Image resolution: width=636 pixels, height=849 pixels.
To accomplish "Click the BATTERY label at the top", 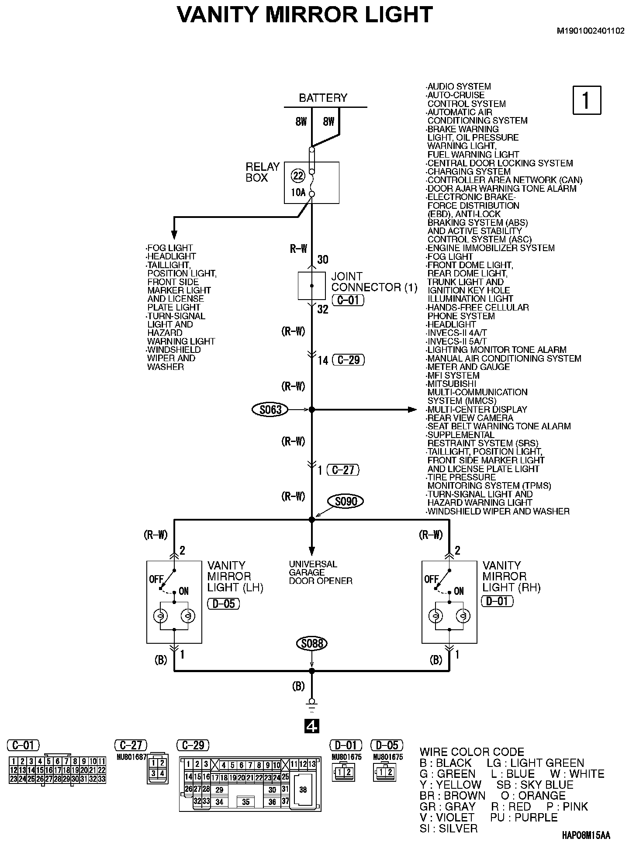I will [x=323, y=98].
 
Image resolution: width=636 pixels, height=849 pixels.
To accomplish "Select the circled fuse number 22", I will [x=298, y=176].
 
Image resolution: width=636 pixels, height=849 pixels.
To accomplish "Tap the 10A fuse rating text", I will [x=298, y=192].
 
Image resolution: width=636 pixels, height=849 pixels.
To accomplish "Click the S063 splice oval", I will [x=270, y=410].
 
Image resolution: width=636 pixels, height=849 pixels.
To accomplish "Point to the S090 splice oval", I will [x=346, y=501].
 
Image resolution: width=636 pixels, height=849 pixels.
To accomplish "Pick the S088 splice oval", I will [x=311, y=643].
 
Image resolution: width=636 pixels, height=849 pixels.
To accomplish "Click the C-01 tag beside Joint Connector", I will [x=348, y=300].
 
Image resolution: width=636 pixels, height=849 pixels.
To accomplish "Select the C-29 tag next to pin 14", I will [x=348, y=360].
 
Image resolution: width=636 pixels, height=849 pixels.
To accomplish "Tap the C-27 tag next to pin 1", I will [x=342, y=470].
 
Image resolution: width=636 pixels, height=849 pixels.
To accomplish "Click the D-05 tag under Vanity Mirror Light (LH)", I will [x=223, y=604].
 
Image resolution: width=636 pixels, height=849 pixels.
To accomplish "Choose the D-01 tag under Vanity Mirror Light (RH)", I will [x=497, y=601].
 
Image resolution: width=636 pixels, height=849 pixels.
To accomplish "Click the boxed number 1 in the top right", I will [x=587, y=100].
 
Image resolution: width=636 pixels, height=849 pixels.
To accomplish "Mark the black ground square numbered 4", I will [x=311, y=726].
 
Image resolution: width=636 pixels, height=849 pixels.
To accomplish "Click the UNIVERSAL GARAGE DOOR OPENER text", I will [x=320, y=572].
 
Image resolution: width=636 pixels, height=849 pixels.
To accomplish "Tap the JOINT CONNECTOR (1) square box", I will [x=311, y=286].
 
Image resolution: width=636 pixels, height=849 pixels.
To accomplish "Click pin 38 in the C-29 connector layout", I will [x=303, y=790].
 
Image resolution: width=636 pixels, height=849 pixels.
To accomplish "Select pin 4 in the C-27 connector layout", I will [x=162, y=773].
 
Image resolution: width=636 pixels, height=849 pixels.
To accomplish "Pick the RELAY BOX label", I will [x=262, y=172].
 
